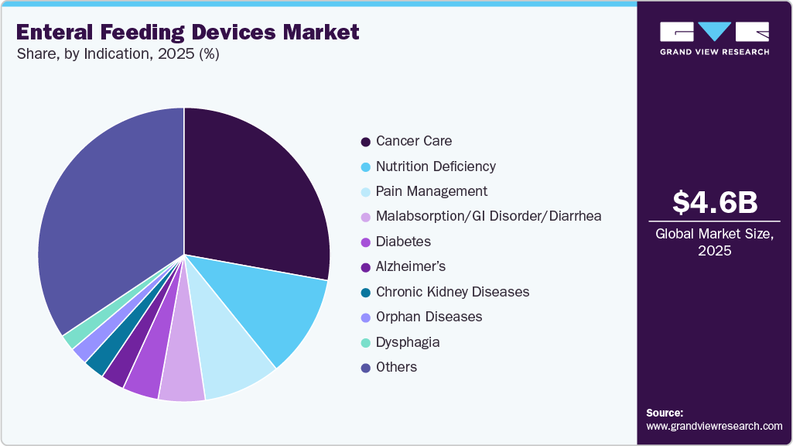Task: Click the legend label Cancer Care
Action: pos(413,141)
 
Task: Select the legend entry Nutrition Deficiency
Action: pos(436,166)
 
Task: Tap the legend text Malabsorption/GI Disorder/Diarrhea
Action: pos(488,216)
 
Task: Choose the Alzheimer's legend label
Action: pos(412,266)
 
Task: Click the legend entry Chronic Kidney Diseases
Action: pos(452,292)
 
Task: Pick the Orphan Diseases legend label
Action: pos(429,317)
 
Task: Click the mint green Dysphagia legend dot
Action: pos(364,342)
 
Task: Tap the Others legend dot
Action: pos(364,368)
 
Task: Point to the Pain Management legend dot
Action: pos(364,192)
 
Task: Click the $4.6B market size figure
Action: pos(714,202)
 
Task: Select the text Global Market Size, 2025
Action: pos(714,242)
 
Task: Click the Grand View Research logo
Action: pos(714,37)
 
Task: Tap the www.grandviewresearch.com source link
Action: pos(714,426)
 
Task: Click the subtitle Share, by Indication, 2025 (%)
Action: pos(118,54)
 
